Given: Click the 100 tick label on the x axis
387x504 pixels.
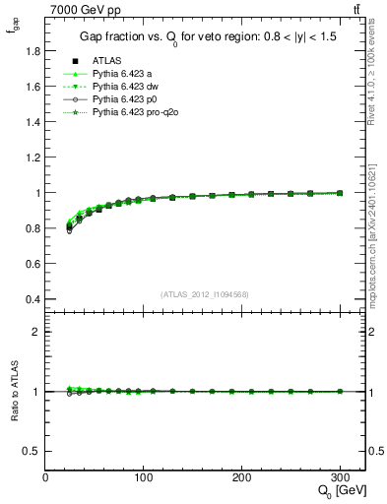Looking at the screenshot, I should [x=144, y=476].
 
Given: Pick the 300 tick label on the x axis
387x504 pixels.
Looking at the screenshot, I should [x=341, y=476].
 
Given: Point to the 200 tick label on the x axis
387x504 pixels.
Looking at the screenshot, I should [x=242, y=476].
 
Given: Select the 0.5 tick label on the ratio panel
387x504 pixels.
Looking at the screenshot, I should [x=32, y=451].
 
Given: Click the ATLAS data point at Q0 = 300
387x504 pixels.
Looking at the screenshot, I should [x=341, y=193].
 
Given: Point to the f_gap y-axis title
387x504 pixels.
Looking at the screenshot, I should [x=12, y=29].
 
